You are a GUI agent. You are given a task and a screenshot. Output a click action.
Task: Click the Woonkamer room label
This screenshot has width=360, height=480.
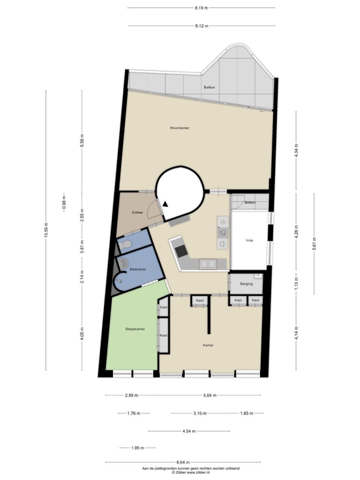point(180,128)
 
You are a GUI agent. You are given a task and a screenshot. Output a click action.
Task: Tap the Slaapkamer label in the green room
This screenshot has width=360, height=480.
point(135,329)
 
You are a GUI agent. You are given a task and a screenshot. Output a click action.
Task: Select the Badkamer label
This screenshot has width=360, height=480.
point(138,269)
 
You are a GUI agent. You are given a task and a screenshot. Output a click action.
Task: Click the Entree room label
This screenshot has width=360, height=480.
point(137,213)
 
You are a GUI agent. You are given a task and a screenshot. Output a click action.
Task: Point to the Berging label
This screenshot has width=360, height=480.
point(246,284)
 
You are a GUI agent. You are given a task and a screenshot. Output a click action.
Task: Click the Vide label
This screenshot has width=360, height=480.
point(249,240)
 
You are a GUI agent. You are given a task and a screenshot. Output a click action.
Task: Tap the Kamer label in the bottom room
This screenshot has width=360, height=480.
point(208,345)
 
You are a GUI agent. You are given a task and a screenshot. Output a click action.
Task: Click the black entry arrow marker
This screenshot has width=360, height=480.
point(165,204)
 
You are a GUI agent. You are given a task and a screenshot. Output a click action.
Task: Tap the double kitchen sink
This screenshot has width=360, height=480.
point(208,264)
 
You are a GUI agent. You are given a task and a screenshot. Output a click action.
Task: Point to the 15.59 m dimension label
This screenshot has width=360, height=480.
point(46,230)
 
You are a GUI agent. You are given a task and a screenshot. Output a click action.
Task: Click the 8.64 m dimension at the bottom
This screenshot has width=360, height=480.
point(183,462)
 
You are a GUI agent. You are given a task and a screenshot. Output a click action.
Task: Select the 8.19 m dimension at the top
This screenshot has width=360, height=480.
point(201,8)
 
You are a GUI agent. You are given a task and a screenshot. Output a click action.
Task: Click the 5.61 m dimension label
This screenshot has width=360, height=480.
point(314,244)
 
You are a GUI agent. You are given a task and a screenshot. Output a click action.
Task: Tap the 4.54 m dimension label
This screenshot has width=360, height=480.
point(189,432)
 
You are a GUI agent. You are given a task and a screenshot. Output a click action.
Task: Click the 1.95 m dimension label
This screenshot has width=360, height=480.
point(137,448)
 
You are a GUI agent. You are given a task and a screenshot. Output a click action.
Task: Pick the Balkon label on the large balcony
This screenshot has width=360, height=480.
point(209,87)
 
